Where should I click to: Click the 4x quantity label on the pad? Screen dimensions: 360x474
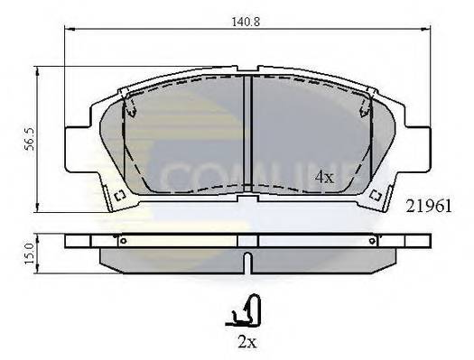coord(324,179)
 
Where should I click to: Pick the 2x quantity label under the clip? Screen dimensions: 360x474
coord(246,344)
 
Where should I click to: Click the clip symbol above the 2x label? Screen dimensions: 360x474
coord(245,314)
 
